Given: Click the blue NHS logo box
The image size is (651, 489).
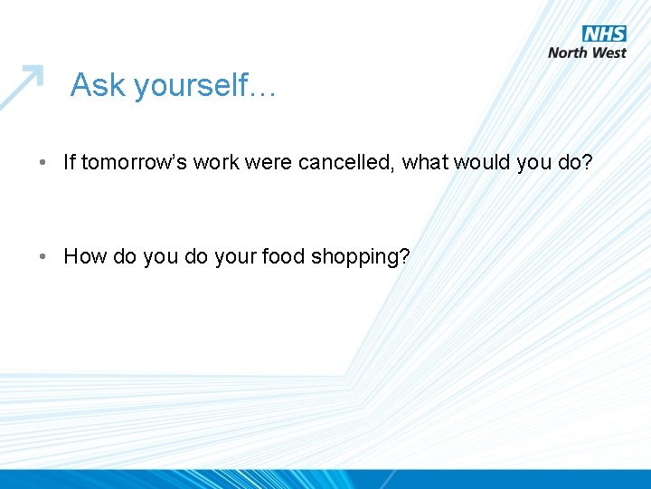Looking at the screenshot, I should point(605,34).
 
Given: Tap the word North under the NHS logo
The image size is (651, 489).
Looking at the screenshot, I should point(569,53).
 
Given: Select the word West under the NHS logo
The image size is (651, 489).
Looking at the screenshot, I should point(609,53).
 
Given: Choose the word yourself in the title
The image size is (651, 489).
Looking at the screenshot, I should point(193,87).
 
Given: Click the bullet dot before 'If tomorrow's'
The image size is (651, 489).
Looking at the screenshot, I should point(43,163).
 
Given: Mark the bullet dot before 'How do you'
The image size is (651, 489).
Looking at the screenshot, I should point(43,257).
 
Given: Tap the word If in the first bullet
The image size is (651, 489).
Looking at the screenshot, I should point(70,162).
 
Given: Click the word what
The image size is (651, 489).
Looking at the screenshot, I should point(426,162).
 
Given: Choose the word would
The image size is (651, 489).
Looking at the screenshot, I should point(483,162).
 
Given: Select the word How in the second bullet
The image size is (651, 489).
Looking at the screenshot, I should point(85,256).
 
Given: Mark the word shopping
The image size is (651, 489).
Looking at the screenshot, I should point(359,258).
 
